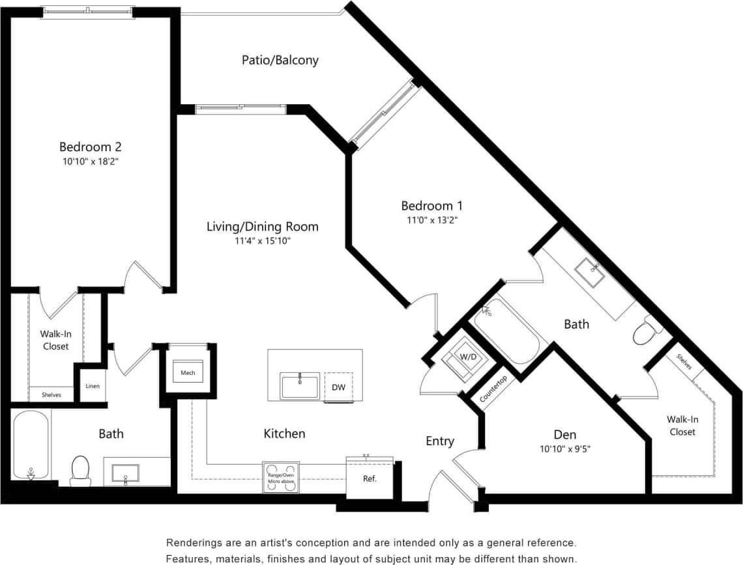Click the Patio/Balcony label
click(280, 61)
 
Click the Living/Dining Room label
click(262, 227)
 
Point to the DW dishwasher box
click(338, 387)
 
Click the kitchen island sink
click(300, 386)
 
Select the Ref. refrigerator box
click(370, 478)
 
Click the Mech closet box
click(188, 373)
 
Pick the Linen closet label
click(92, 387)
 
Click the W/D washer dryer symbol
click(467, 357)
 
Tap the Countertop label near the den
click(493, 389)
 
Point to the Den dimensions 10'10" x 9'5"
click(565, 448)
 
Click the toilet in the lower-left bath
click(80, 470)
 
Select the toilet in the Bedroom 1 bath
click(644, 333)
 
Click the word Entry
click(439, 441)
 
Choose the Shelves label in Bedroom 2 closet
click(51, 394)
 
